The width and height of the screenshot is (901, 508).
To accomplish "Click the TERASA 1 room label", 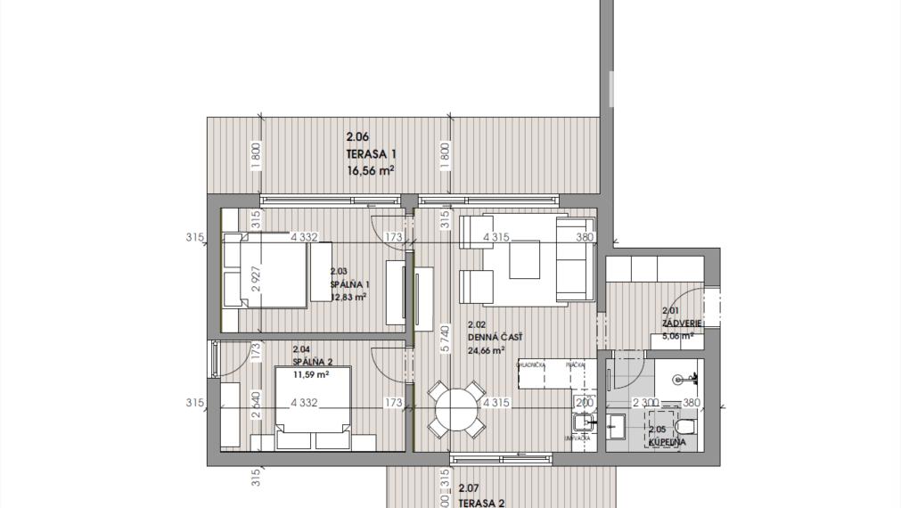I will pos(371,153).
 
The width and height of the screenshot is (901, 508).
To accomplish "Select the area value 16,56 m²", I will pos(370,169).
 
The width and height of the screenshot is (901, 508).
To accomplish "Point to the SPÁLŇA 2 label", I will pos(312,362).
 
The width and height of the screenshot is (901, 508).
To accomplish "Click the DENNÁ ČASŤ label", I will pos(495,337).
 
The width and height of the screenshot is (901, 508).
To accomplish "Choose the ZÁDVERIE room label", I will pos(682,323).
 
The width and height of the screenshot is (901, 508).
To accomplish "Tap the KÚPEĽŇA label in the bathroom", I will pos(667,441).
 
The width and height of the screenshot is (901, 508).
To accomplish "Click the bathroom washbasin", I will pos(617,427).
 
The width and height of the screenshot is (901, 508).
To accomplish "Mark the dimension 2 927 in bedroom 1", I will pos(255,283).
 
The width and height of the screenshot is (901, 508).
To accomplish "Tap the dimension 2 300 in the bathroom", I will pos(646,403).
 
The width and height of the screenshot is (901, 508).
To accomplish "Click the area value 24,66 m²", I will pos(490,350).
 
